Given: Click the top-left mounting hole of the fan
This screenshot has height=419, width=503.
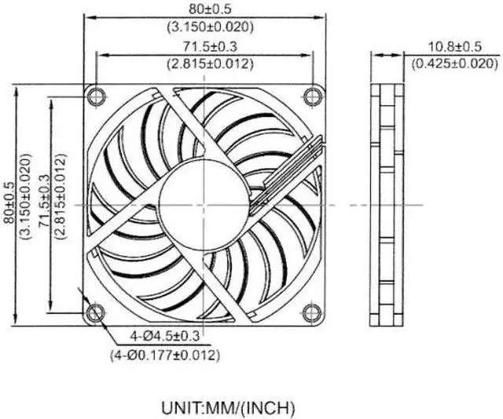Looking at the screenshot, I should coord(96,97).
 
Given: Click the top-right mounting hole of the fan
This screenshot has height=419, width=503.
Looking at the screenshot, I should coord(313,97).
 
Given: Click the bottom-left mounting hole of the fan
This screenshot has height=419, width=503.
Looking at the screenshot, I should coord(96,313).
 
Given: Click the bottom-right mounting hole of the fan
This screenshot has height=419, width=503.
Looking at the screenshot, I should coord(313,313).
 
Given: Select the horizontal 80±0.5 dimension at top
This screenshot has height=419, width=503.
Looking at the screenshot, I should coord(204,10).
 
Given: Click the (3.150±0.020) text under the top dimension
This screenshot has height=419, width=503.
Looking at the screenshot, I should coord(204,27).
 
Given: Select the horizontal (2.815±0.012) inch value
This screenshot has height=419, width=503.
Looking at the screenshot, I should coord(204,65).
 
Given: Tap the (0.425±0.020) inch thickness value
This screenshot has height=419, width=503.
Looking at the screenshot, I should coord(453,64).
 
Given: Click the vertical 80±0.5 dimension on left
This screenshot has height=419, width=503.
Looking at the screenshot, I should coord(10,205).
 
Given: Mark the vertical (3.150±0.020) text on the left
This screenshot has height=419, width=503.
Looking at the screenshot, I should coord(25,205).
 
